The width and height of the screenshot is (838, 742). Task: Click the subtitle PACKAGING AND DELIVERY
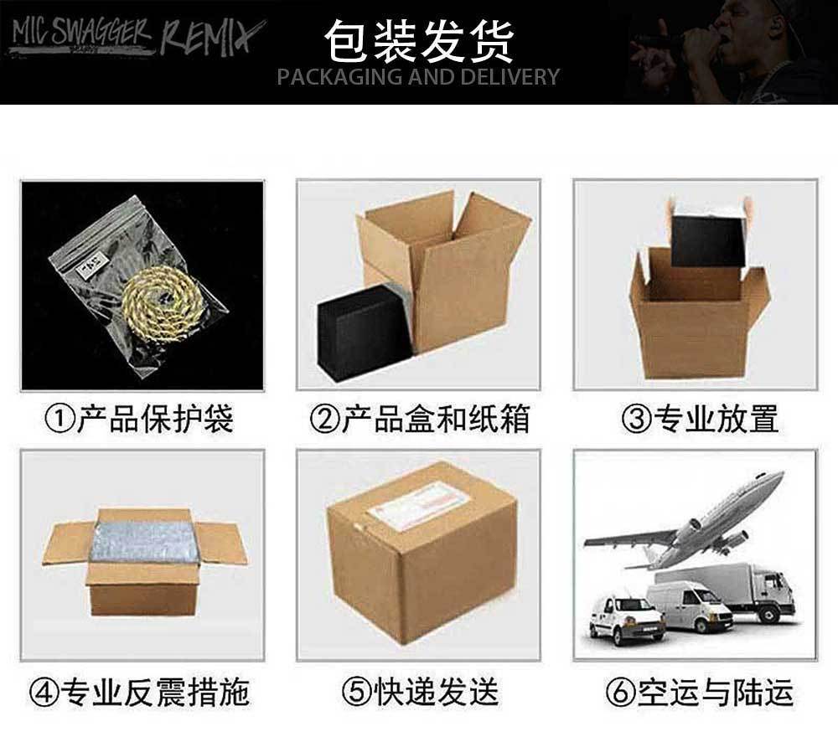(418, 77)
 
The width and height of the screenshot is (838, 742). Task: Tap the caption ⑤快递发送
(419, 692)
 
